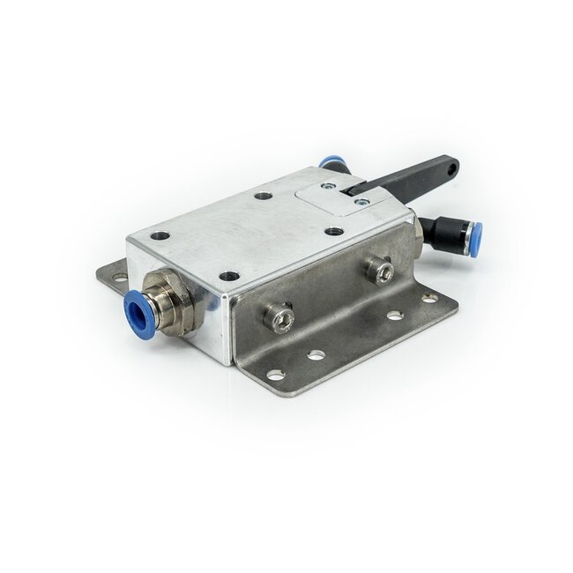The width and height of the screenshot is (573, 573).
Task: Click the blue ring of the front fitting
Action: [x=137, y=309]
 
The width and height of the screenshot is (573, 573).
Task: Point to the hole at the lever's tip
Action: [x=451, y=164]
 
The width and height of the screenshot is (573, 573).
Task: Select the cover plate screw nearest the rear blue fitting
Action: [x=328, y=186]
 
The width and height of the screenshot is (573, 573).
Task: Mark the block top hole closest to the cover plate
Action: [x=334, y=231]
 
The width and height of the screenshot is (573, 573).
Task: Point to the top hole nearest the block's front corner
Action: [x=229, y=276]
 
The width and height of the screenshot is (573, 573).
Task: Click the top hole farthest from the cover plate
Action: [x=160, y=235]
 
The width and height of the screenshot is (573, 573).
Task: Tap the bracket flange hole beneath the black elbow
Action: [x=429, y=299]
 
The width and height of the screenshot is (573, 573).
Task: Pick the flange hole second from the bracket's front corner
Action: [x=316, y=355]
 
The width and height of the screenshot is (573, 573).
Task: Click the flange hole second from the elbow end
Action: [x=394, y=316]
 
